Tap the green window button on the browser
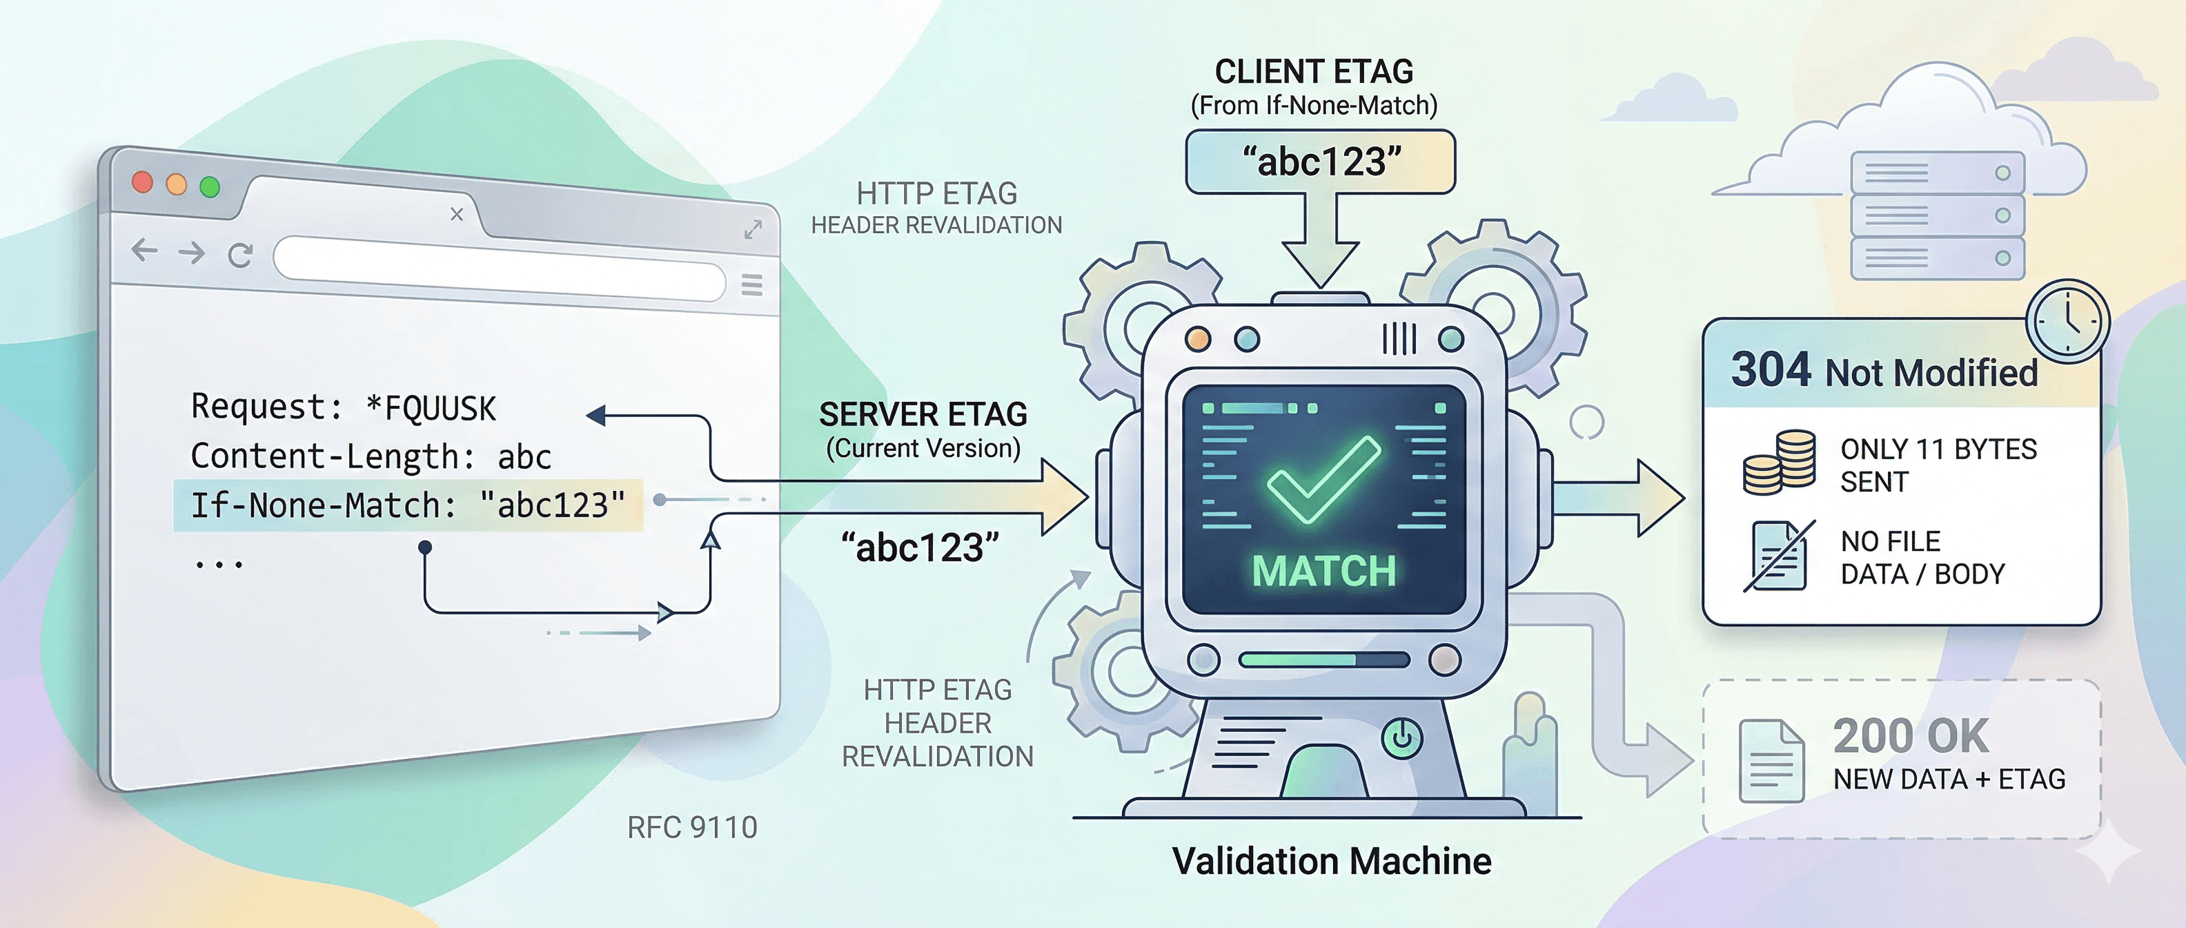(x=210, y=187)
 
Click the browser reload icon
(x=240, y=255)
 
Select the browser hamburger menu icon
(x=752, y=285)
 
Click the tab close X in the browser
(x=457, y=214)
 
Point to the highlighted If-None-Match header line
(x=407, y=506)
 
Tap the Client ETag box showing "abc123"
(x=1321, y=162)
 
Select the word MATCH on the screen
(x=1324, y=570)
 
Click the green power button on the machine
(x=1402, y=737)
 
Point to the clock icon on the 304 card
(x=2067, y=322)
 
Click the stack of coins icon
(x=1780, y=462)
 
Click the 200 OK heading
(x=1911, y=735)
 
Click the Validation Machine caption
(x=1332, y=861)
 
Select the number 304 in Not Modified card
(x=1771, y=370)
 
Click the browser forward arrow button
(x=193, y=252)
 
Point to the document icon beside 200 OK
(x=1771, y=761)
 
